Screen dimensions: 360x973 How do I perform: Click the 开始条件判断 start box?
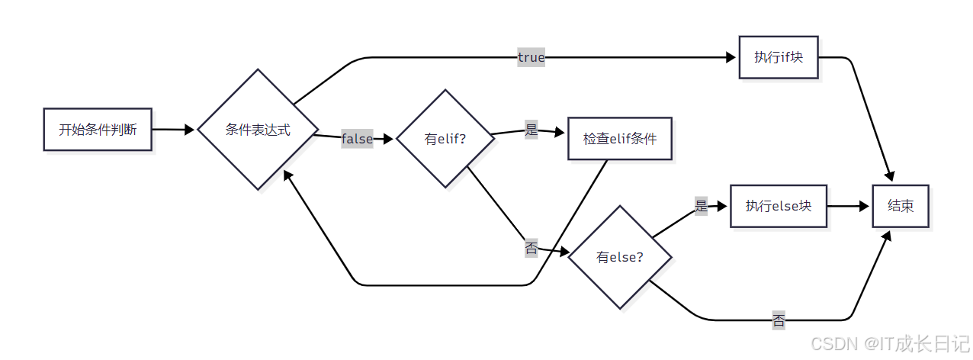[x=98, y=130]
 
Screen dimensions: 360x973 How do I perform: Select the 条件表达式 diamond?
[x=258, y=130]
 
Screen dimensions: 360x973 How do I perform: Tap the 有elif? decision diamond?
[x=445, y=139]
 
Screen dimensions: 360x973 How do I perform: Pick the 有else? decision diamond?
[x=619, y=257]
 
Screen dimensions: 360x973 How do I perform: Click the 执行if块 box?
[x=778, y=57]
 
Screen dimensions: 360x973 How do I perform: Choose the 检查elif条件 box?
[x=619, y=139]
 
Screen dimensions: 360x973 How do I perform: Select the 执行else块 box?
[x=778, y=206]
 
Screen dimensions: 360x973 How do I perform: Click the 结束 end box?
[x=901, y=206]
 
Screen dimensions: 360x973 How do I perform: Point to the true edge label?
[x=531, y=57]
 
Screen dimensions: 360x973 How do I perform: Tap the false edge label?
[x=357, y=138]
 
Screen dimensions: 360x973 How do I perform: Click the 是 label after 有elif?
[x=531, y=130]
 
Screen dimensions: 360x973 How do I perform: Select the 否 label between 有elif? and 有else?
[x=531, y=248]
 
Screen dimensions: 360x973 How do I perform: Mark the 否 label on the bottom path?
[x=779, y=320]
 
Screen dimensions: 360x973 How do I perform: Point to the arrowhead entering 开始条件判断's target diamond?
[x=191, y=130]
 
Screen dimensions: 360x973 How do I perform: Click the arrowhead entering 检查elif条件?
[x=562, y=132]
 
